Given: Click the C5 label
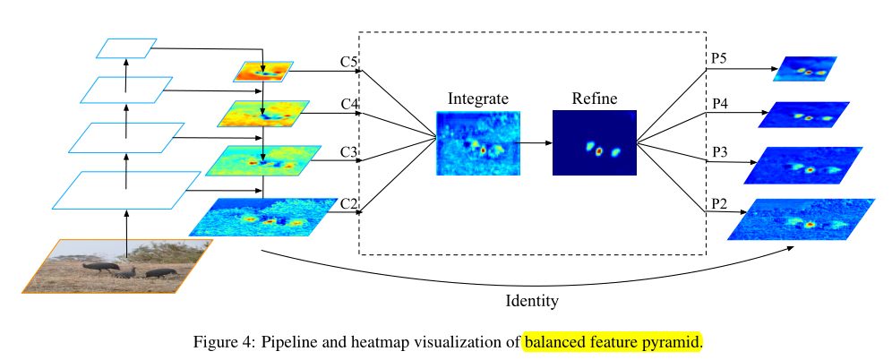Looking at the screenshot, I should click(349, 62).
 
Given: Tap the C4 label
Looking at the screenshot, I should click(349, 105).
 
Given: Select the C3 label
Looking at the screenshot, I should click(349, 152).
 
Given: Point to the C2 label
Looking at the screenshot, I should click(349, 203).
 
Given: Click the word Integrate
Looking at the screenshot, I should click(478, 99).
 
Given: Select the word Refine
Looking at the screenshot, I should click(594, 99).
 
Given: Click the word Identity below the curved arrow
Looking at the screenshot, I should click(532, 301).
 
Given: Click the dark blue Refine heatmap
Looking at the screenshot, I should click(594, 142).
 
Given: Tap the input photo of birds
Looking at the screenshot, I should click(116, 265).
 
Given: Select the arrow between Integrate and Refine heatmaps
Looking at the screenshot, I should click(536, 142).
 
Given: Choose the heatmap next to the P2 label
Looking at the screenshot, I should click(801, 219).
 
